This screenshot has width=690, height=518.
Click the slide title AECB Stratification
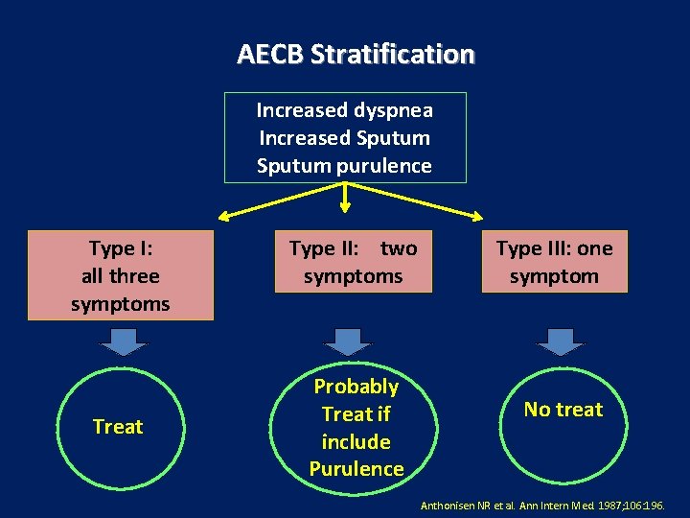356,54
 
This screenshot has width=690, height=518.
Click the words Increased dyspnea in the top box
344,110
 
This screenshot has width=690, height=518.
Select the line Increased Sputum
344,138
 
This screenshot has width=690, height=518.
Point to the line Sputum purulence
344,166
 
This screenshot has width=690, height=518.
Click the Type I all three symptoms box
120,275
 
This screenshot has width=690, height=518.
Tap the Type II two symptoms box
354,262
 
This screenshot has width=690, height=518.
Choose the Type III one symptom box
554,262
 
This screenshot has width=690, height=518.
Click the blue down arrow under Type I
120,341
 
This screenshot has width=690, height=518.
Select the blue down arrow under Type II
349,341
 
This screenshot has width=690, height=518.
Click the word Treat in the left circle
118,427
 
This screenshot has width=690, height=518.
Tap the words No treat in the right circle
563,410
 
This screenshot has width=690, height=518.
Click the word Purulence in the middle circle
356,469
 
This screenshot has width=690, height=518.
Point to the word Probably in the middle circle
356,387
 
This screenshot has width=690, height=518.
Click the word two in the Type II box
399,248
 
